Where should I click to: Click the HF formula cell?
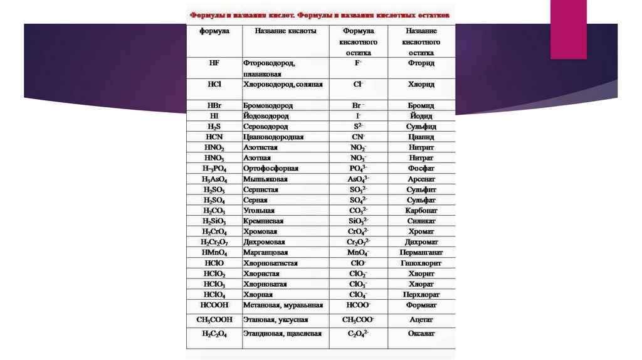coord(214,63)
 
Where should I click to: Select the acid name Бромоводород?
coord(268,106)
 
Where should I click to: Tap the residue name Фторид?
coord(421,63)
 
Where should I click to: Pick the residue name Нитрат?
coord(421,157)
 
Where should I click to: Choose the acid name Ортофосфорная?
coord(271,168)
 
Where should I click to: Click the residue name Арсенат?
coord(421,179)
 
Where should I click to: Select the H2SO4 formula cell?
coord(214,200)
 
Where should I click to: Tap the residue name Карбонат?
coord(421,211)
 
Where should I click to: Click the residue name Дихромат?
coord(421,242)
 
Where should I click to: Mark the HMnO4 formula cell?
coord(214,252)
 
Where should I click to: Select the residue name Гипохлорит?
coord(421,263)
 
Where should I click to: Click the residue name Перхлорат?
coord(421,294)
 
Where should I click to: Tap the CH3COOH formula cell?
coord(214,319)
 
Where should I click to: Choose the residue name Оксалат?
coord(421,334)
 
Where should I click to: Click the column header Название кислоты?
coord(285,31)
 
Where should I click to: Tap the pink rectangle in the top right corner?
coord(568,29)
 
